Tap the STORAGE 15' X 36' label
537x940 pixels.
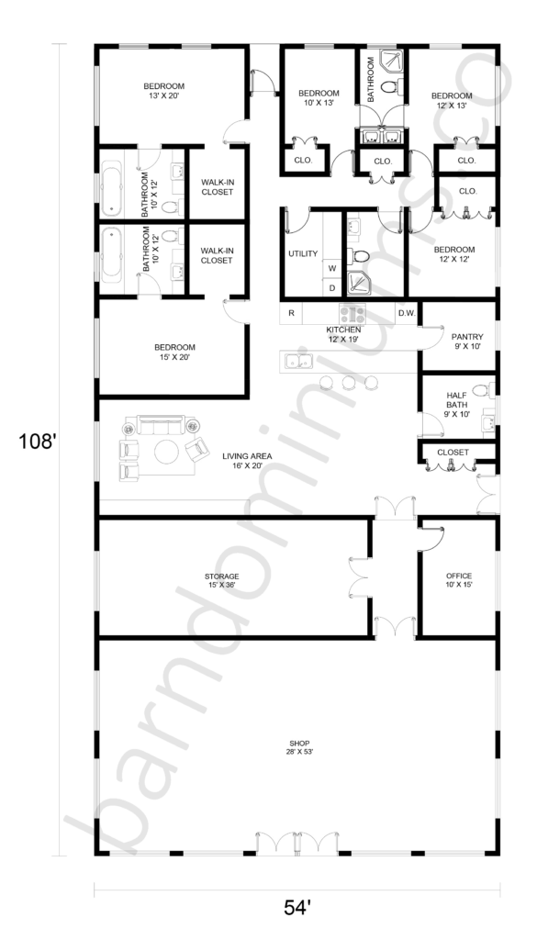[x=222, y=580]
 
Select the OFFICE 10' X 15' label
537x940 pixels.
[x=458, y=580]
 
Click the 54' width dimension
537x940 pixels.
[x=297, y=908]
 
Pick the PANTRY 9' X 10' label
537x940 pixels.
[x=467, y=341]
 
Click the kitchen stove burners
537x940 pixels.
[x=352, y=314]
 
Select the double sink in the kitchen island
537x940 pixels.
[x=298, y=362]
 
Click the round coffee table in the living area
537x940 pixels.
[x=167, y=452]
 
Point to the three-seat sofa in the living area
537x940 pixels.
[x=161, y=425]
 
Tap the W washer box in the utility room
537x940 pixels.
[x=331, y=269]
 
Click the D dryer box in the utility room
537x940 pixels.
[x=331, y=287]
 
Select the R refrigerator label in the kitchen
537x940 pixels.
[x=291, y=313]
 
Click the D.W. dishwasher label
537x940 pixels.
[x=407, y=313]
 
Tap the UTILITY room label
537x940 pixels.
[x=303, y=253]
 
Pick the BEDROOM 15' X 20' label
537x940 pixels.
[x=174, y=352]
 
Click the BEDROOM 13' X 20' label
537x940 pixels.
[x=163, y=91]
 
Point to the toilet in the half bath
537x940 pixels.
[x=483, y=391]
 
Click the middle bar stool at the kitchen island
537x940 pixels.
[x=349, y=382]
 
